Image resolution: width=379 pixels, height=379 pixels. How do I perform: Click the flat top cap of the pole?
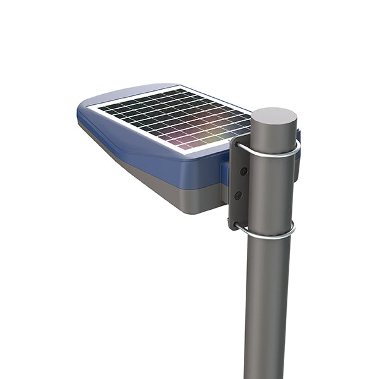274,118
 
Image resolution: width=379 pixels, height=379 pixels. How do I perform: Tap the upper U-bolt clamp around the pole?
278,153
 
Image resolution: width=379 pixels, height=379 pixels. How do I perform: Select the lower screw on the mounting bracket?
238,196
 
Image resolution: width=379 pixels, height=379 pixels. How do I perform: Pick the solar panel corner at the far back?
183,87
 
